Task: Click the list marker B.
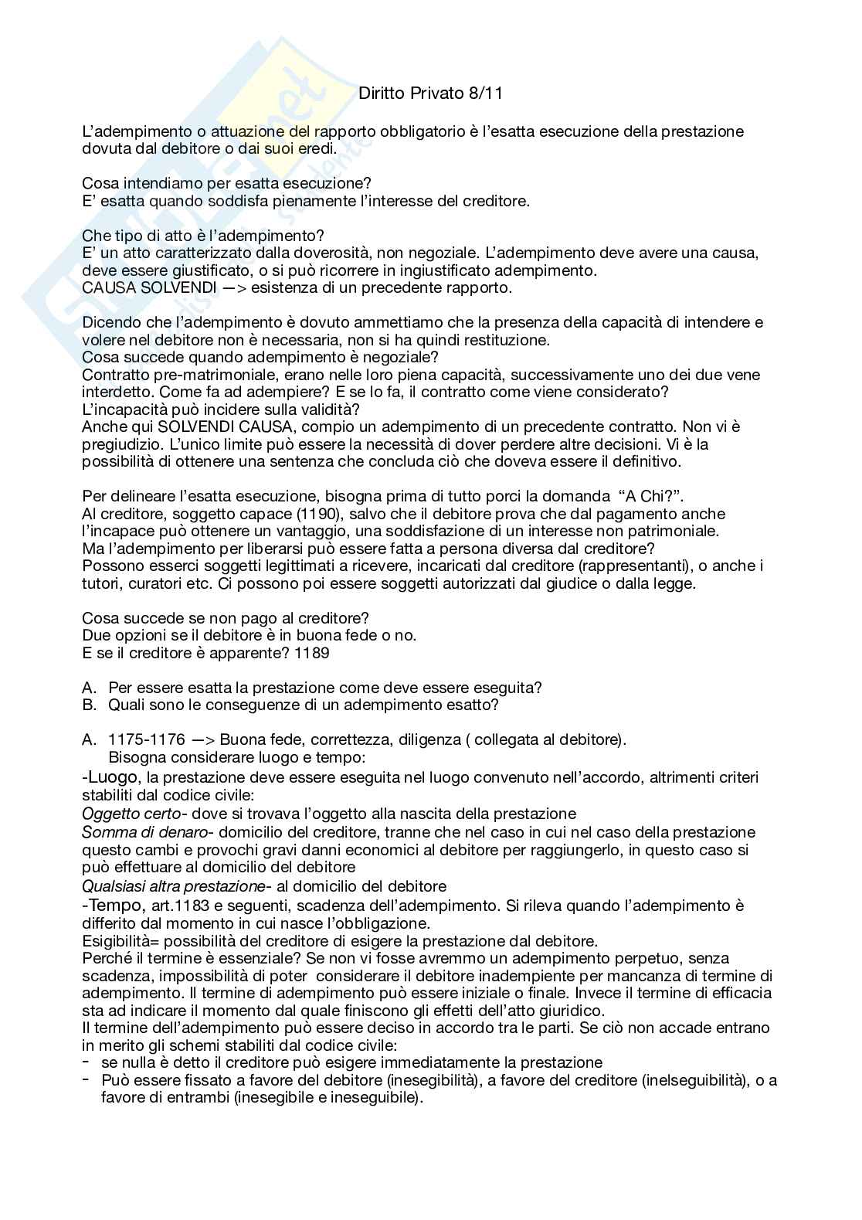(88, 705)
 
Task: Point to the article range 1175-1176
(147, 739)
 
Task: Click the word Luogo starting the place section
(114, 777)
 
